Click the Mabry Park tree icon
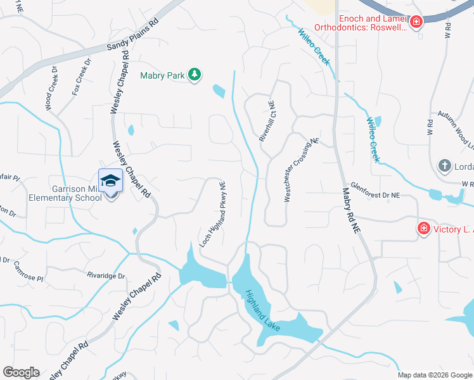pos(195,75)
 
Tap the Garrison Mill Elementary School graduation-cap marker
pos(110,180)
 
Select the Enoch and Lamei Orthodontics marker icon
pos(416,23)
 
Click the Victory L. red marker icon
pos(423,228)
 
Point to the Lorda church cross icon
pos(445,167)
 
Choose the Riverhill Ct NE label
pos(266,121)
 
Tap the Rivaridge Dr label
pos(106,275)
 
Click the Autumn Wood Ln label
pos(461,134)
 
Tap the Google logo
pos(21,372)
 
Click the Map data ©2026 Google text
pos(434,375)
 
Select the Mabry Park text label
pos(162,76)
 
